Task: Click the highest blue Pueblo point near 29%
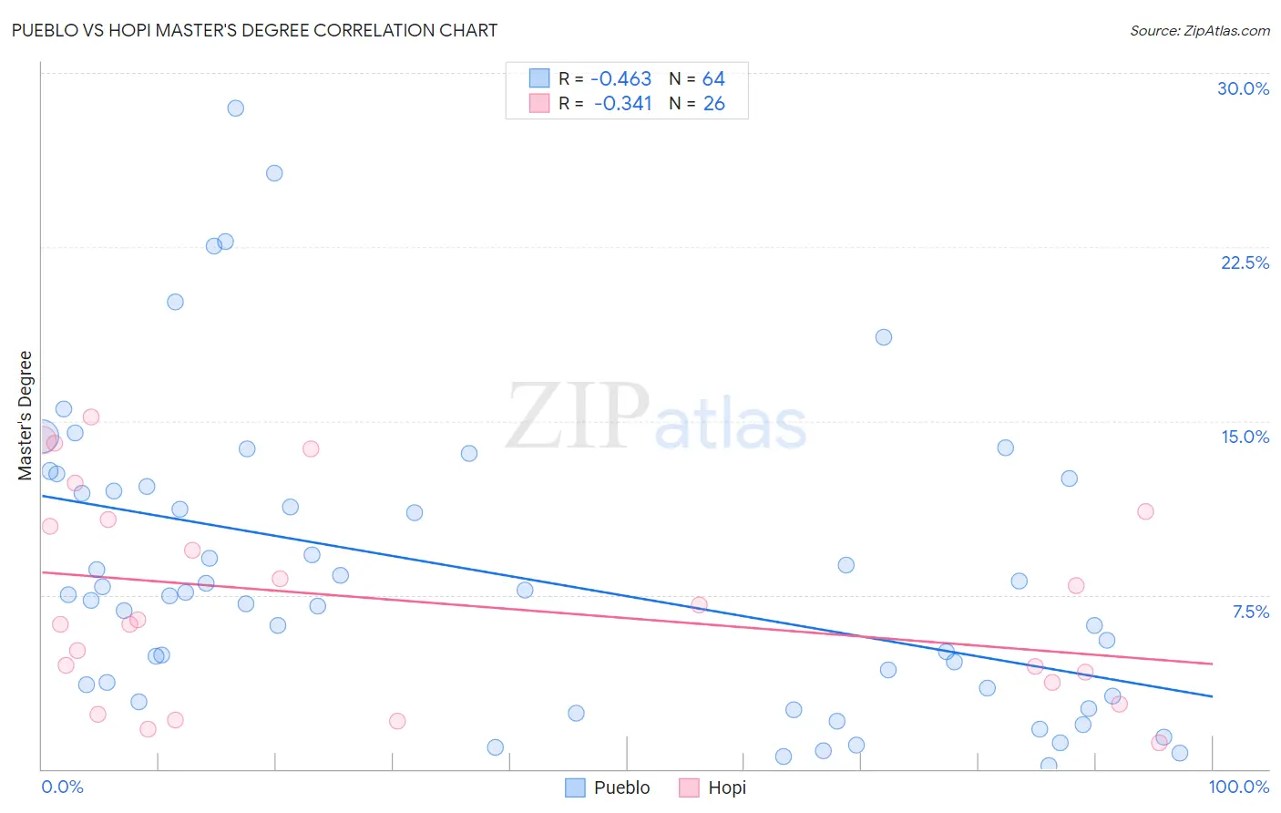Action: pos(235,108)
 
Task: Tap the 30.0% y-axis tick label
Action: pos(1243,88)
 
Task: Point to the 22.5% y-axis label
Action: pos(1245,262)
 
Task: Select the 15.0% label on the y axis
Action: pos(1245,437)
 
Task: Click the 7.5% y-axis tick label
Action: pos(1250,612)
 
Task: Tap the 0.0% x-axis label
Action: pos(62,787)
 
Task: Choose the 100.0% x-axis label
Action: pos(1238,787)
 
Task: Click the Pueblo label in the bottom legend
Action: pos(621,787)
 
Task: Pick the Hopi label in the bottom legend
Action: pos(726,787)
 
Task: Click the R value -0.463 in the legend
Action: pos(620,79)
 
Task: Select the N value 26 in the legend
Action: pos(713,104)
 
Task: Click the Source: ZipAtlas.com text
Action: pos(1199,31)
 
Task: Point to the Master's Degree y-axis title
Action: pos(26,415)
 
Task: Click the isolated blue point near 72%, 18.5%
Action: pos(883,337)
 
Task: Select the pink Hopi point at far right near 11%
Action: pos(1145,511)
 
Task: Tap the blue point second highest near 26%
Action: pos(274,173)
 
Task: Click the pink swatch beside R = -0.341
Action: pos(539,103)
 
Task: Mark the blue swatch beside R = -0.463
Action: pos(539,78)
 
